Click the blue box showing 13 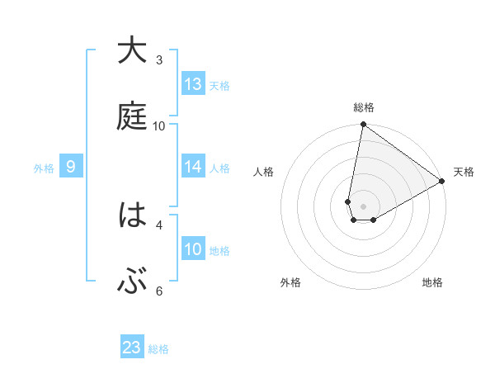click(193, 84)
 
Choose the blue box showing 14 click(193, 167)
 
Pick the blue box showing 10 click(193, 249)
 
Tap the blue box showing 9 click(71, 168)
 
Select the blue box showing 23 click(132, 348)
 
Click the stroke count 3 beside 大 click(159, 60)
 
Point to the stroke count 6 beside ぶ click(159, 291)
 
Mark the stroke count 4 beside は click(159, 224)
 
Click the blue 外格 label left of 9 click(44, 168)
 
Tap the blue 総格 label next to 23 click(158, 349)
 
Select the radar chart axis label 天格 click(464, 172)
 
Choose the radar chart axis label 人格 click(264, 172)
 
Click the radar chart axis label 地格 click(432, 283)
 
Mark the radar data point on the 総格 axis click(363, 125)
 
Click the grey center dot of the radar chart click(363, 206)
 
